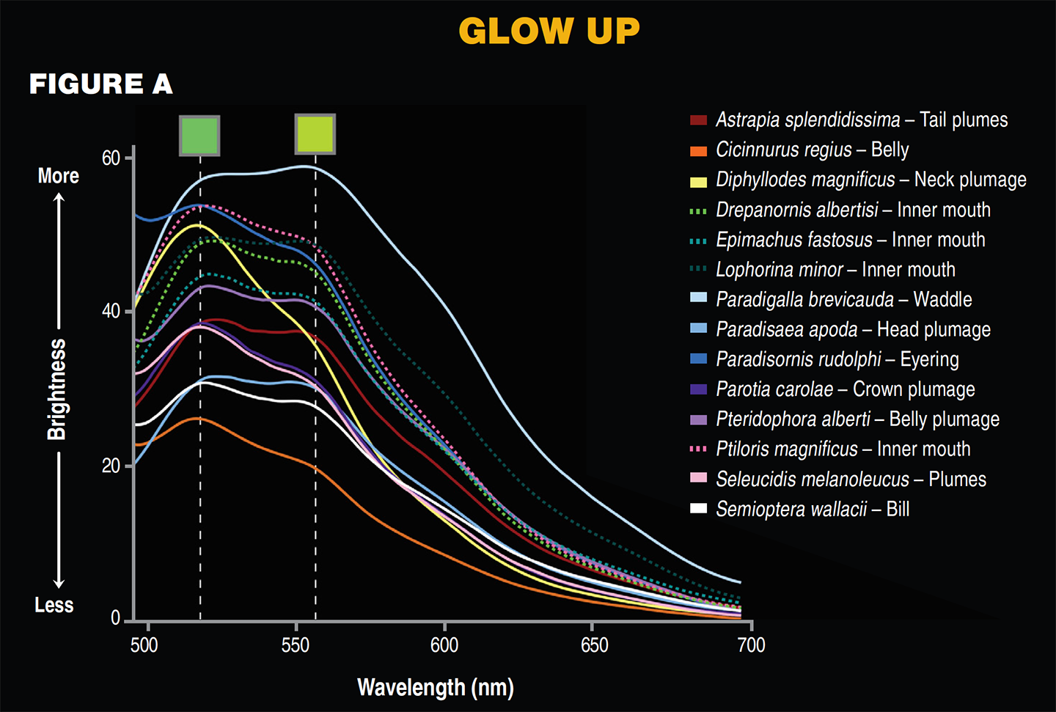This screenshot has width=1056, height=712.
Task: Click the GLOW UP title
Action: click(x=549, y=31)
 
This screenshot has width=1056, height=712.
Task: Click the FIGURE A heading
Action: click(x=101, y=84)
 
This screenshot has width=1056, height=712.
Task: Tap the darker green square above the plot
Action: click(x=199, y=135)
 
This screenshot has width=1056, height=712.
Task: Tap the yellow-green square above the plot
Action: click(x=315, y=134)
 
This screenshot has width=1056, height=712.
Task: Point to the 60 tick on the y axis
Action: click(x=111, y=158)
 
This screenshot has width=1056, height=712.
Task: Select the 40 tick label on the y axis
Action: click(x=111, y=312)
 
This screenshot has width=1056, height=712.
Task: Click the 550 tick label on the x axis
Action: click(x=296, y=645)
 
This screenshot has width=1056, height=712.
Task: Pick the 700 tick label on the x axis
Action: click(x=751, y=645)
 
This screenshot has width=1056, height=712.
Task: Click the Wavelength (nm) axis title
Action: click(x=435, y=688)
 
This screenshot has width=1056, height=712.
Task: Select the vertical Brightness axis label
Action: click(x=57, y=389)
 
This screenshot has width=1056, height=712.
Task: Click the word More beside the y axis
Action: click(x=58, y=176)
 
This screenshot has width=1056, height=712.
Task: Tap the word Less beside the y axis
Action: click(x=54, y=606)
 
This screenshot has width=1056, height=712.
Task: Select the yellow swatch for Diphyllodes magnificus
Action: click(x=698, y=181)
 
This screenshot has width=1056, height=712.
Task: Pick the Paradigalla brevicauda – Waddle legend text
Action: click(x=843, y=300)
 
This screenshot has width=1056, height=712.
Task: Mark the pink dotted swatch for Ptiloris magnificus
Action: click(x=698, y=449)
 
